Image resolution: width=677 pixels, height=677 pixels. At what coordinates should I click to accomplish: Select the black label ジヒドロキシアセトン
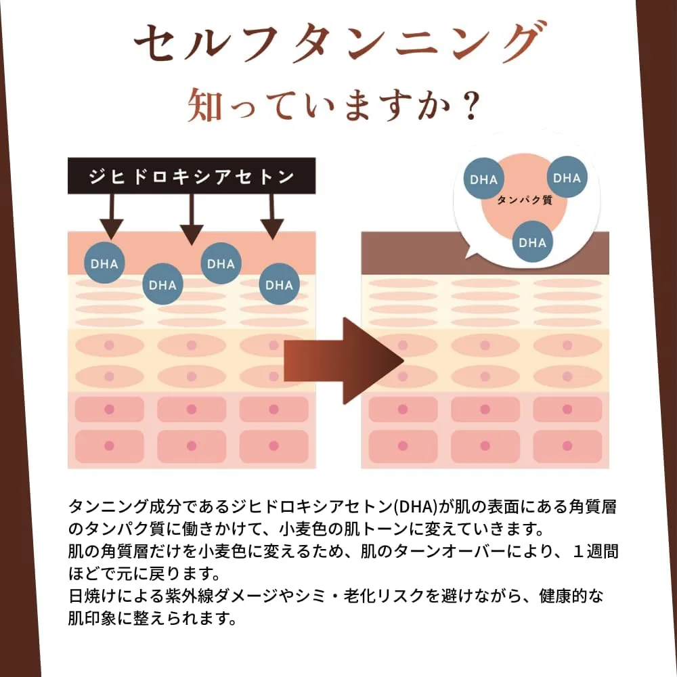(192, 176)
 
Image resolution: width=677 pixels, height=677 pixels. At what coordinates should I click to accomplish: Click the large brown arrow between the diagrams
(343, 361)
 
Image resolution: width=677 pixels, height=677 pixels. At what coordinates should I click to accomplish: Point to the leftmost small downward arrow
(112, 217)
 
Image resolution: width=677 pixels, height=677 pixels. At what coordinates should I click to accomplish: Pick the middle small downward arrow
(192, 219)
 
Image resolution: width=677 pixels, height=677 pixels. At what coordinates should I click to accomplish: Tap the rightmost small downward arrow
(272, 217)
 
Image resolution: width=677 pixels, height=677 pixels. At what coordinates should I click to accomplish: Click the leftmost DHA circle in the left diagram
(104, 263)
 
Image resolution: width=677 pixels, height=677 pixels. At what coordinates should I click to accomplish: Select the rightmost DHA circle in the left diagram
(280, 284)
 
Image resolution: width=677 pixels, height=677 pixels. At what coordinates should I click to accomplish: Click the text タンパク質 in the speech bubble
(525, 200)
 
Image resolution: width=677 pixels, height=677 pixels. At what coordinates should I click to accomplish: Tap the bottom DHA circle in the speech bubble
(532, 242)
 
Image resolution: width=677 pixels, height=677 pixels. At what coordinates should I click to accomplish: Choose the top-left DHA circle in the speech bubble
(483, 179)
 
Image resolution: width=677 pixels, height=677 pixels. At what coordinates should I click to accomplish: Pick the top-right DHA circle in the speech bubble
(567, 177)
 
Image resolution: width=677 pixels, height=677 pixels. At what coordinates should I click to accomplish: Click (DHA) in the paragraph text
(416, 506)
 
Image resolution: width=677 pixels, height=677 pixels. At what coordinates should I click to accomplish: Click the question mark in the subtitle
(468, 104)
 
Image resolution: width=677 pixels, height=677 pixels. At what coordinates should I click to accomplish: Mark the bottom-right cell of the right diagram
(567, 446)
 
